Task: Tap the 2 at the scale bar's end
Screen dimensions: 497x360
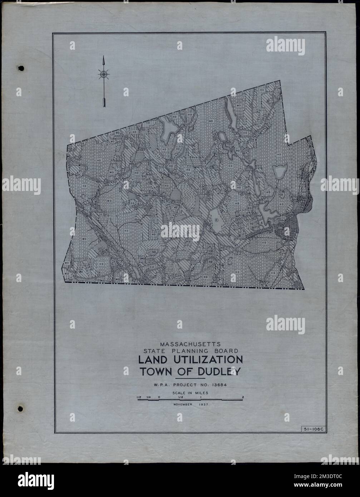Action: [243, 397]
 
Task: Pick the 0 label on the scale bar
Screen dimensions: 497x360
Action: [159, 397]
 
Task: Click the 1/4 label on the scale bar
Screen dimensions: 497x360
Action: [148, 397]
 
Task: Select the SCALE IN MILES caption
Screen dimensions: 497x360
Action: [190, 392]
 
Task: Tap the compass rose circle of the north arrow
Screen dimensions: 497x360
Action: [104, 74]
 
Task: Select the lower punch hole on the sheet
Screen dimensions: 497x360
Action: [20, 408]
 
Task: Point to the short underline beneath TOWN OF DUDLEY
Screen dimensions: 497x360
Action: [190, 378]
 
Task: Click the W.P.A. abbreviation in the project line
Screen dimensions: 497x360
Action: [158, 385]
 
